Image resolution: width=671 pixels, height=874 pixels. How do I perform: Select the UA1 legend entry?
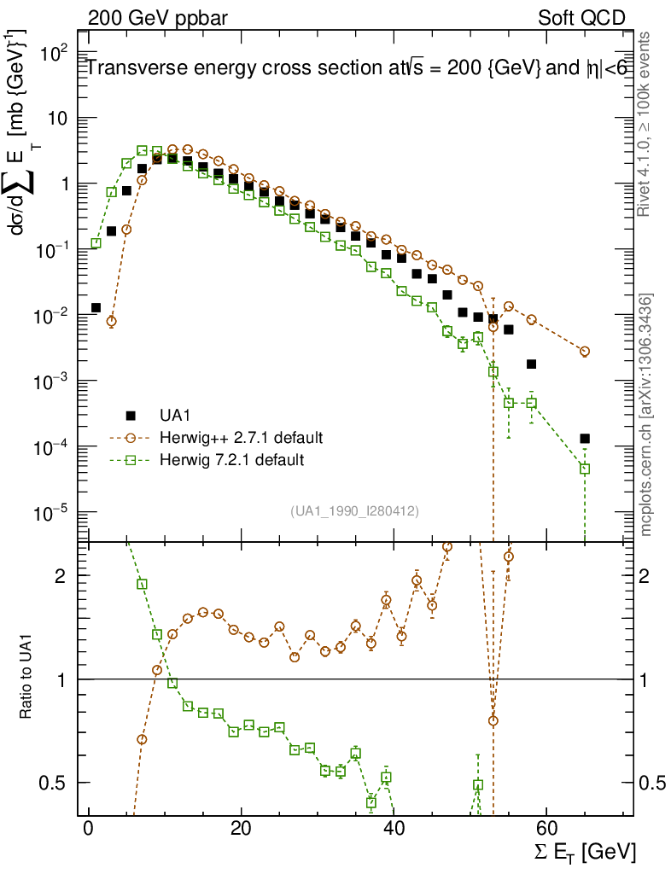[175, 416]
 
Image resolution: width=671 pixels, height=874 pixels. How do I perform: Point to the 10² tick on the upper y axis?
[53, 53]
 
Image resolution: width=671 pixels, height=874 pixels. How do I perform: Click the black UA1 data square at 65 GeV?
[585, 439]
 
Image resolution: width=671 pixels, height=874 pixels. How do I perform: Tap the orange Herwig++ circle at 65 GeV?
[585, 352]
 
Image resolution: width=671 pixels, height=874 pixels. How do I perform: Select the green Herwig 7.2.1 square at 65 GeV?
[585, 469]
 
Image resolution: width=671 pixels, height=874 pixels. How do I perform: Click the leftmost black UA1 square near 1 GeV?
[96, 307]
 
